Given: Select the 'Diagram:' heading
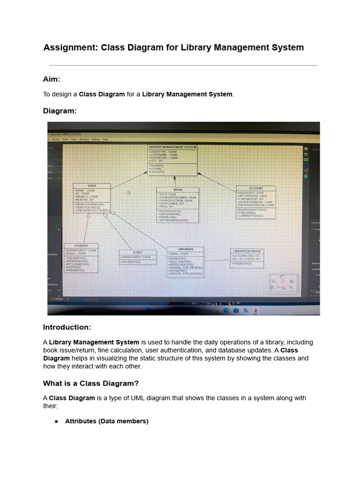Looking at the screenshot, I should [60, 111].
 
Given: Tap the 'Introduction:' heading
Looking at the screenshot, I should [67, 327].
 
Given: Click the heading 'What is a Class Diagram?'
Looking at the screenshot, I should [91, 383].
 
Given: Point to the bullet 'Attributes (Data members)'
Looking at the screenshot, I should [106, 421].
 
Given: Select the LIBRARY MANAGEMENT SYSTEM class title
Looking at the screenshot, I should [172, 147].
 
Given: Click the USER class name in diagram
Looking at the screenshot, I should [92, 186].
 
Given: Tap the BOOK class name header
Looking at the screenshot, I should [178, 190].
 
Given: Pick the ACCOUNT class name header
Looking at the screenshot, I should [255, 188].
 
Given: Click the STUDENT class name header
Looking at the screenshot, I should [82, 246].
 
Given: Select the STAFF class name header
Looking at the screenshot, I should [137, 252].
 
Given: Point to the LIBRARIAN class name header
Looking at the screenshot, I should [185, 249].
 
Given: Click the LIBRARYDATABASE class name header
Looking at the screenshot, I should [247, 251].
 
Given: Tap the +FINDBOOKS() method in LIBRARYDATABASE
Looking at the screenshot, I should [242, 264].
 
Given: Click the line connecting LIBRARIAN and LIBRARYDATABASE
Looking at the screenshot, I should [217, 260].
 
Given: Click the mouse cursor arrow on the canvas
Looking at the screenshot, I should [129, 192].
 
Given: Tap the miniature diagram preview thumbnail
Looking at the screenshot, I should [284, 283].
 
